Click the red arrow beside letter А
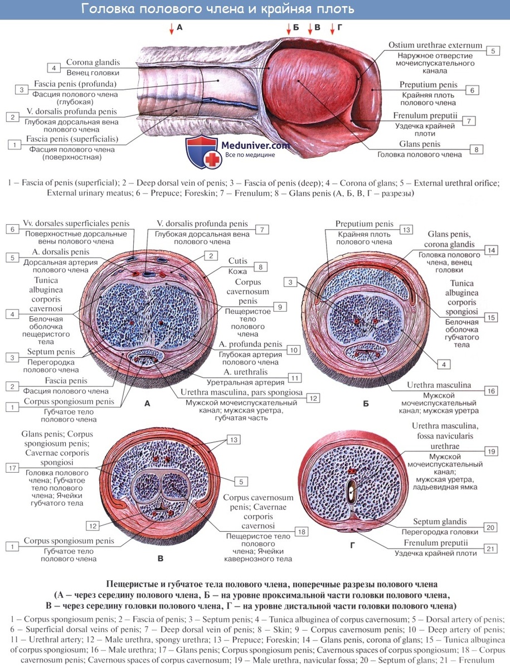pyautogui.click(x=172, y=28)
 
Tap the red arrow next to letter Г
pyautogui.click(x=332, y=28)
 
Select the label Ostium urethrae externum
pyautogui.click(x=435, y=45)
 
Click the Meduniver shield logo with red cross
pyautogui.click(x=202, y=152)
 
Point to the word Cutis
pyautogui.click(x=237, y=261)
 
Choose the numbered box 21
pyautogui.click(x=490, y=549)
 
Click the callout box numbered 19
pyautogui.click(x=492, y=452)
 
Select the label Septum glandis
pyautogui.click(x=440, y=521)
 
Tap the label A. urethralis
pyautogui.click(x=246, y=372)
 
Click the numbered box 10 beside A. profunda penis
pyautogui.click(x=293, y=350)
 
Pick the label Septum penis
pyautogui.click(x=51, y=352)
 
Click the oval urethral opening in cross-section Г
pyautogui.click(x=351, y=491)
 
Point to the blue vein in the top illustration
pyautogui.click(x=231, y=103)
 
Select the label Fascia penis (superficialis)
pyautogui.click(x=72, y=139)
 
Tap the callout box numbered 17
pyautogui.click(x=12, y=468)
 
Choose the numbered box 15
pyautogui.click(x=491, y=318)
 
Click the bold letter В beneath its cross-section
pyautogui.click(x=161, y=559)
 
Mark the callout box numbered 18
pyautogui.click(x=302, y=532)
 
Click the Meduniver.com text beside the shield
pyautogui.click(x=255, y=146)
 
